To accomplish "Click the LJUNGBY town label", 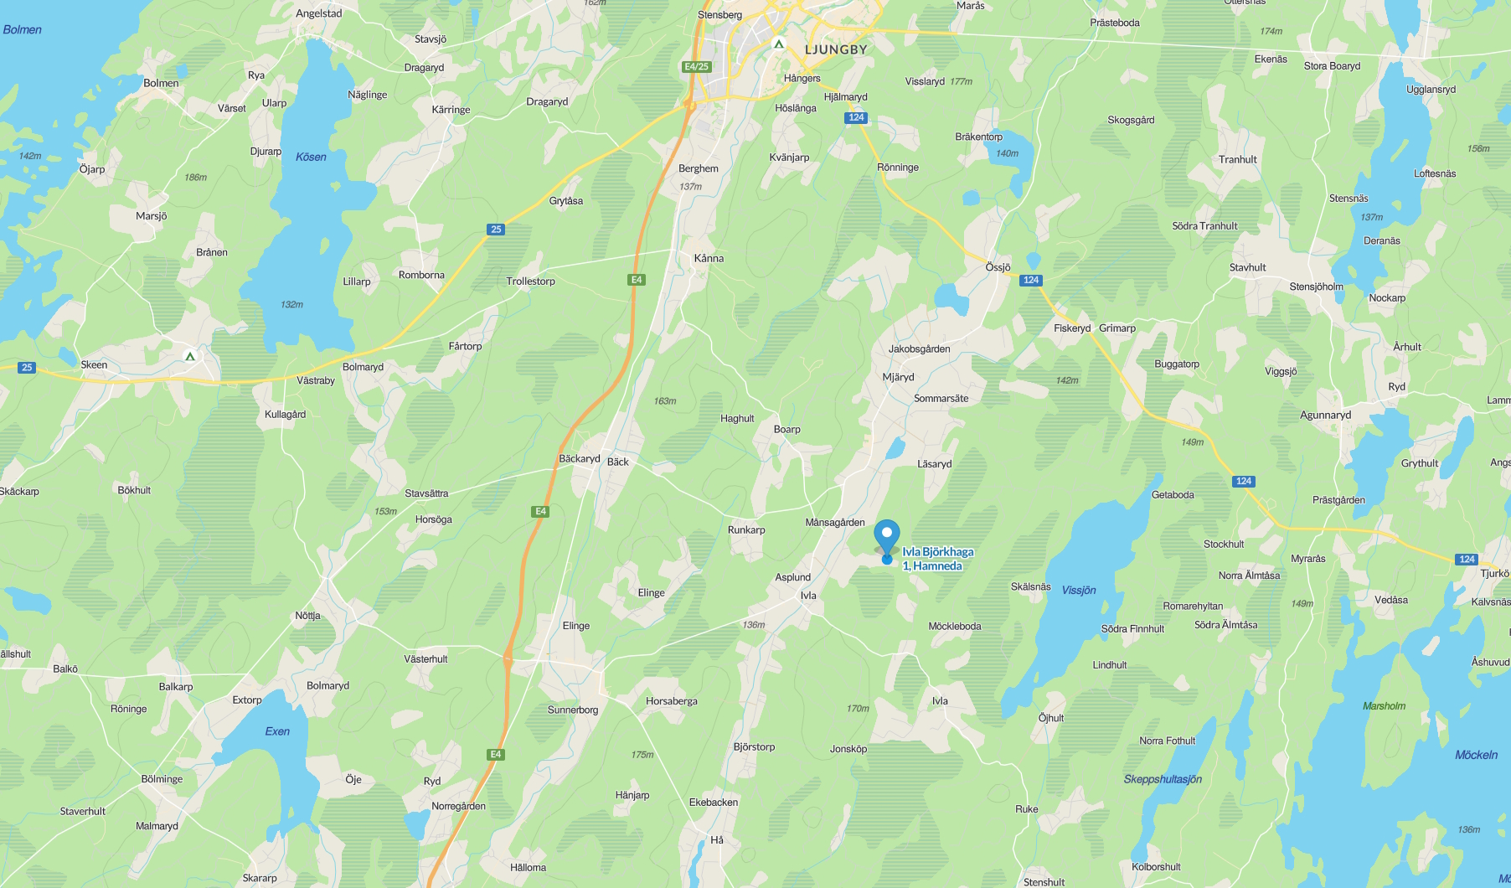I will [835, 49].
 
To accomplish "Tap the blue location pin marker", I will [886, 536].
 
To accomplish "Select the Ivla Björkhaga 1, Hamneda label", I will [937, 559].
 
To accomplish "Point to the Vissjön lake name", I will [1078, 591].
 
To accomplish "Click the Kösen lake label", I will [311, 157].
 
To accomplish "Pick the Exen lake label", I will [277, 731].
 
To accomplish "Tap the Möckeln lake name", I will [1476, 755].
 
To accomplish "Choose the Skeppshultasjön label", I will [1163, 779].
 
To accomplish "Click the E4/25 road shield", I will [696, 66].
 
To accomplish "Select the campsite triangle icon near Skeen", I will [190, 356].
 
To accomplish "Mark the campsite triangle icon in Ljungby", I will [779, 44].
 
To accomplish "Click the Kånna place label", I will [709, 258].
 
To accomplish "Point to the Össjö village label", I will [998, 267].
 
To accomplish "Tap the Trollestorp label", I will [530, 281].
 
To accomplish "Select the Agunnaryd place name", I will [1325, 416].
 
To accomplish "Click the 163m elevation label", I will [665, 401].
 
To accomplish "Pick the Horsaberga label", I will [671, 701].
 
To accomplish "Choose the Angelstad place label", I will [318, 13].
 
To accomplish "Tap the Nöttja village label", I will [307, 616].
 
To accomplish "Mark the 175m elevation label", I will [642, 755].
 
